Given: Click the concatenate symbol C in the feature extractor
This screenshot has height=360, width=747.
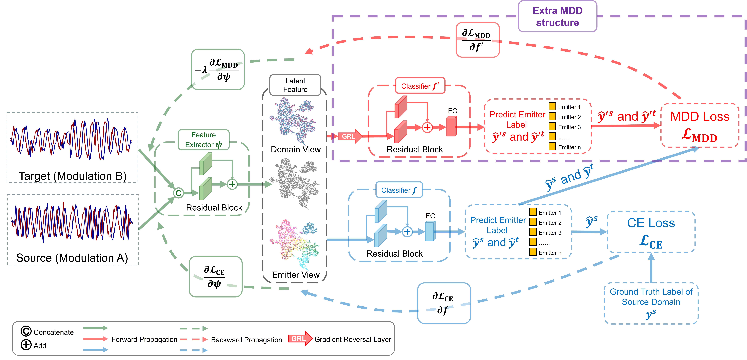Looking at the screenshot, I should click(x=178, y=193).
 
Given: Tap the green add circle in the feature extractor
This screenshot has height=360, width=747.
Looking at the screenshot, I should click(x=232, y=184).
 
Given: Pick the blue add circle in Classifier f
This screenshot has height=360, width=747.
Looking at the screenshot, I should click(x=407, y=232).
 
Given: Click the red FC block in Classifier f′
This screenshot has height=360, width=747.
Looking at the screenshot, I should click(x=451, y=126).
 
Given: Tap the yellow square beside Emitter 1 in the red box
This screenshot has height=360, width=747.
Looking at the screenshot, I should click(x=552, y=106).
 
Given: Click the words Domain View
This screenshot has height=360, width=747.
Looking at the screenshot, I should click(x=295, y=149).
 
